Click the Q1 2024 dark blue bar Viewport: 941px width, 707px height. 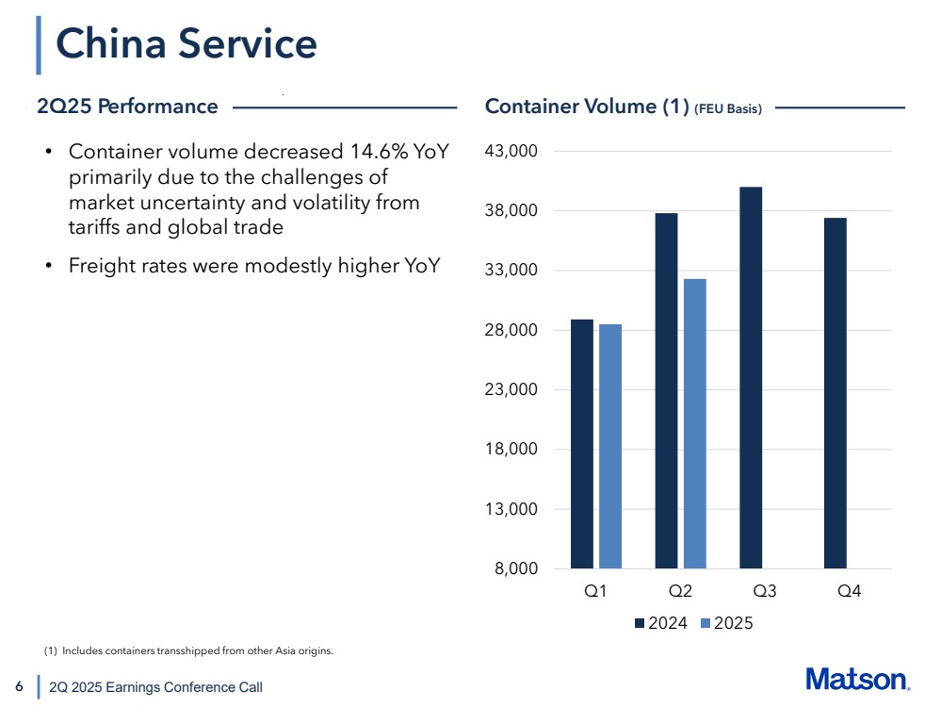[582, 444]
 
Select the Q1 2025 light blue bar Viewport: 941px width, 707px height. [610, 447]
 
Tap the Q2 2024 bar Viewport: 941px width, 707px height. [666, 391]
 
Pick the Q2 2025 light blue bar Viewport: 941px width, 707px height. [695, 424]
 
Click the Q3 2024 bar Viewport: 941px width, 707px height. [751, 378]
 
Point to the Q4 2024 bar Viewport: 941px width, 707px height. [836, 393]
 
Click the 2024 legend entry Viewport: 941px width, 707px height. [661, 623]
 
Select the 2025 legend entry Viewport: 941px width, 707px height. [726, 623]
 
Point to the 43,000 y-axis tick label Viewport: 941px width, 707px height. [509, 151]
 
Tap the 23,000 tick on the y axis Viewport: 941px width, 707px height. [509, 390]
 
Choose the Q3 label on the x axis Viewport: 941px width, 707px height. [765, 592]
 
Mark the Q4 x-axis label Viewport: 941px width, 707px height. [850, 592]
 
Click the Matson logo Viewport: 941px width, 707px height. [857, 680]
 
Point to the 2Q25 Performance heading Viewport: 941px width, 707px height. [127, 107]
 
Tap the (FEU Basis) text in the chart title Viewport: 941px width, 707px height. [727, 109]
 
